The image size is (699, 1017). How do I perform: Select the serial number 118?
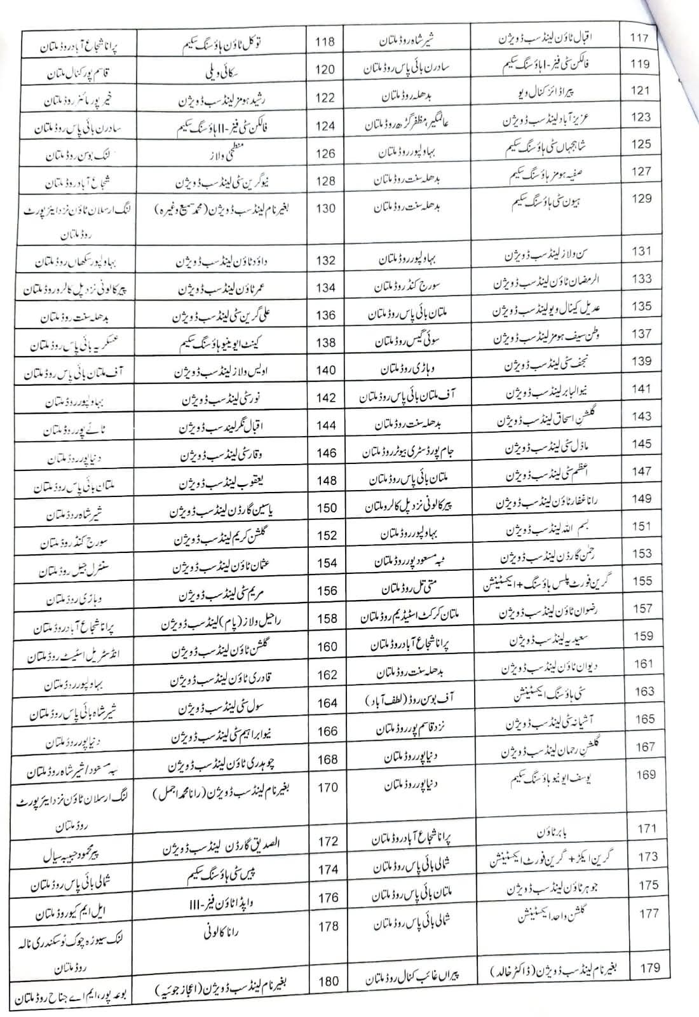click(325, 43)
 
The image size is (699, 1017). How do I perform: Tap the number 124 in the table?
click(325, 126)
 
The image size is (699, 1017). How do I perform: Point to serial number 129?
click(642, 199)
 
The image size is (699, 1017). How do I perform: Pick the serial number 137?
click(642, 334)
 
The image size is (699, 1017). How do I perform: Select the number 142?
click(326, 398)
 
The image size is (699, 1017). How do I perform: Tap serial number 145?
click(642, 444)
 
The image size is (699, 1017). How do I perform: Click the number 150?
click(327, 508)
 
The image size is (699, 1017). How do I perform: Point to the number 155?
click(642, 580)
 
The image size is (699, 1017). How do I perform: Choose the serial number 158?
click(327, 618)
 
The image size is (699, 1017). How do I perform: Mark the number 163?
click(644, 691)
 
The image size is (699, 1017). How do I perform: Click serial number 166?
click(327, 732)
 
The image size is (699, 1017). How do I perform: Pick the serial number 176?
click(329, 898)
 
